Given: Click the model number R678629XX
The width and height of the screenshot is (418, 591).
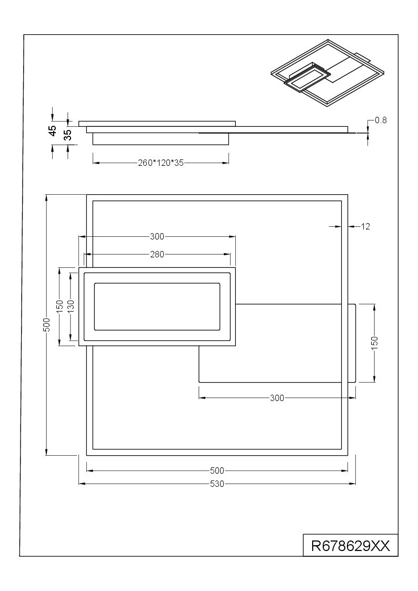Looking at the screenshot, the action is click(350, 545).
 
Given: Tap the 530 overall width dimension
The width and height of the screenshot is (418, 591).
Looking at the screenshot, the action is click(217, 484).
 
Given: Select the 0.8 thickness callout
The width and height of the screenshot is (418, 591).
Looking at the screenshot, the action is click(381, 120).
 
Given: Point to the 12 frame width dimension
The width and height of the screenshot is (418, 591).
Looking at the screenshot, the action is click(365, 226).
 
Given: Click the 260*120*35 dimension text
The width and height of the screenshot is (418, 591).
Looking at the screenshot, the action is click(161, 163).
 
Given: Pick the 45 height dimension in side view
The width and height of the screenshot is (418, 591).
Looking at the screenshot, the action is click(53, 131).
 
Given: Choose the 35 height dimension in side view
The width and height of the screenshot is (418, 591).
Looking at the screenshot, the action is click(68, 135).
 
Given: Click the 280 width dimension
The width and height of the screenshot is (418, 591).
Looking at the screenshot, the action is click(157, 254).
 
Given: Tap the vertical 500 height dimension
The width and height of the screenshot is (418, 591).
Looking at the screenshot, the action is click(46, 325).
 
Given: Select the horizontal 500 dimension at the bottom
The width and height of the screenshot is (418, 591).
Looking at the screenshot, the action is click(217, 471).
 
